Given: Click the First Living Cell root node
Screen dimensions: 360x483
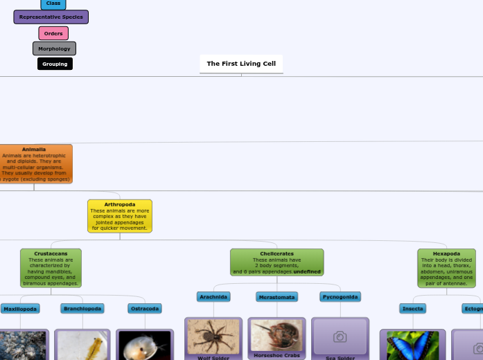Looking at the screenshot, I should [241, 64].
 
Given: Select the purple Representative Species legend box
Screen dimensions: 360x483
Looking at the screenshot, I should [51, 17].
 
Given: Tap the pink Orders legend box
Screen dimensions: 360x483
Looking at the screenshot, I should [53, 33].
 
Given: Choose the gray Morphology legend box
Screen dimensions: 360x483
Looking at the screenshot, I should [54, 48].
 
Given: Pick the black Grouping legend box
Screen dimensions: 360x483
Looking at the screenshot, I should [55, 64].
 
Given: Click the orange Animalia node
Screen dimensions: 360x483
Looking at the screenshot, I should [35, 164].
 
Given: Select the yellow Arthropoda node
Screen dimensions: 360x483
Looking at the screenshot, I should [120, 216].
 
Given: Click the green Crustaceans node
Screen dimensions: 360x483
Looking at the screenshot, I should [51, 268].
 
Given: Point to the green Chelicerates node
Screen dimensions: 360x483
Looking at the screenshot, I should [276, 262].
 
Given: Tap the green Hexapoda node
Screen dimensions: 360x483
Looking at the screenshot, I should [446, 268].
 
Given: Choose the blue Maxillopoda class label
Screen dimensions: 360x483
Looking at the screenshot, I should [19, 309].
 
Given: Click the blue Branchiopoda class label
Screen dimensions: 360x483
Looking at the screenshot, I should [82, 309].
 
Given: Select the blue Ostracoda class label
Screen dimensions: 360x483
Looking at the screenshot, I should [145, 309].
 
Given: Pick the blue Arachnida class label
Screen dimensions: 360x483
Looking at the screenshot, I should [213, 296].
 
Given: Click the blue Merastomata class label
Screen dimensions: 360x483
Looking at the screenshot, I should [276, 297].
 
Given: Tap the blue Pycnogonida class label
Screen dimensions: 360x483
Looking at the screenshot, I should [340, 297].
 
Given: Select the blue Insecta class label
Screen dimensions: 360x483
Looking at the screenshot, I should [412, 309].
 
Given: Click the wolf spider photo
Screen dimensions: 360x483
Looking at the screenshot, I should [213, 336].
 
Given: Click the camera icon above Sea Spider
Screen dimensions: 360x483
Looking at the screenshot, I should [340, 336].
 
